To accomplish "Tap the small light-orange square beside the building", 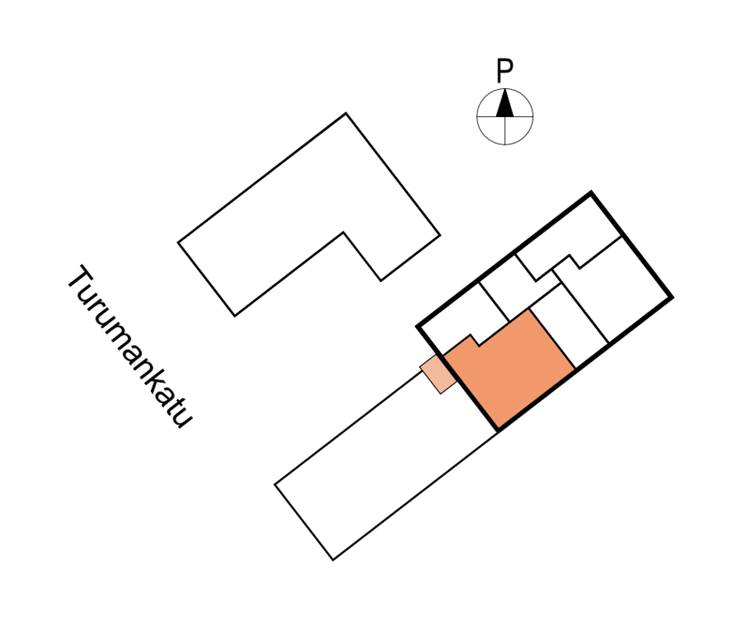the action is tap(438, 374).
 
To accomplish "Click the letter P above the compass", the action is tap(505, 71).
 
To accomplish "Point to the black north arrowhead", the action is tap(505, 103).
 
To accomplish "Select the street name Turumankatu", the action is tap(130, 346).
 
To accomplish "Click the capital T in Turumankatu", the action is tap(81, 278).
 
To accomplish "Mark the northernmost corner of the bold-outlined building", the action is tap(591, 192).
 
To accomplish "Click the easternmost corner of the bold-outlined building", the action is tap(673, 298).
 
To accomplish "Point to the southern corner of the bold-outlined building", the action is tap(498, 430).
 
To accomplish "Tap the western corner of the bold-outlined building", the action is tap(417, 327).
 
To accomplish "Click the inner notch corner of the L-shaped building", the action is tap(344, 232).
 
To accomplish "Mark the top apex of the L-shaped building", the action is tap(346, 113).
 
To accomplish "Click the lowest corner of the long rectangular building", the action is tap(333, 560).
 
